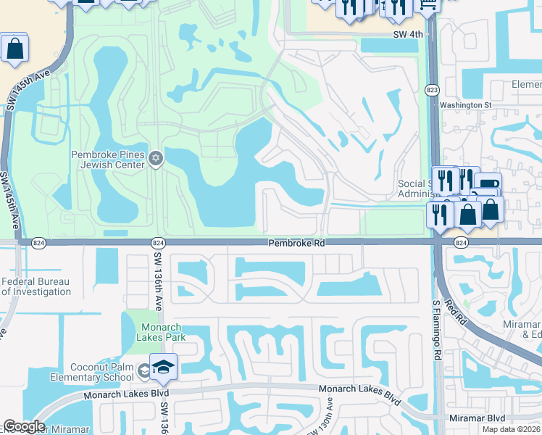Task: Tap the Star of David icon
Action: (x=155, y=158)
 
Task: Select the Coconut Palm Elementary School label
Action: (x=92, y=372)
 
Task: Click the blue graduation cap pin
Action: (x=163, y=366)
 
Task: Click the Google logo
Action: (x=25, y=427)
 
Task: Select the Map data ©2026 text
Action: (x=512, y=429)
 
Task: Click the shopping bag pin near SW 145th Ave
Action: (x=14, y=49)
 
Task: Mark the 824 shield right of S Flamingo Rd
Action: (x=461, y=242)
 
